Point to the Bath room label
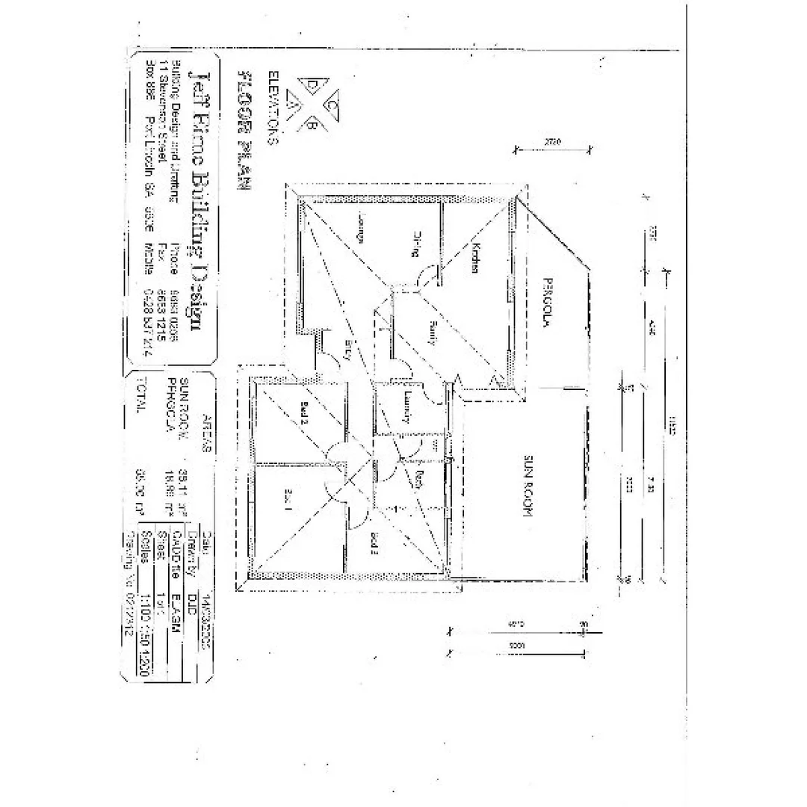coord(420,479)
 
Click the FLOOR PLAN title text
coord(243,131)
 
